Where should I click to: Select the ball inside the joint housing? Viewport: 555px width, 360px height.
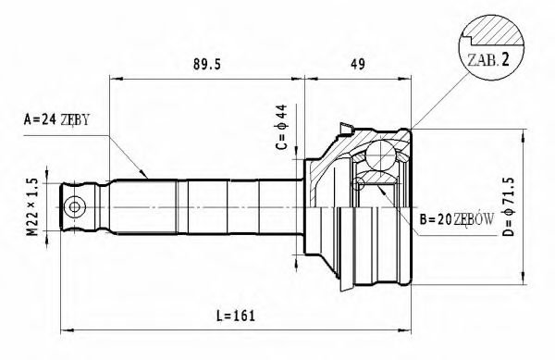[x=381, y=155]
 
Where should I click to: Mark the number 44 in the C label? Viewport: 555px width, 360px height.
[x=281, y=115]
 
